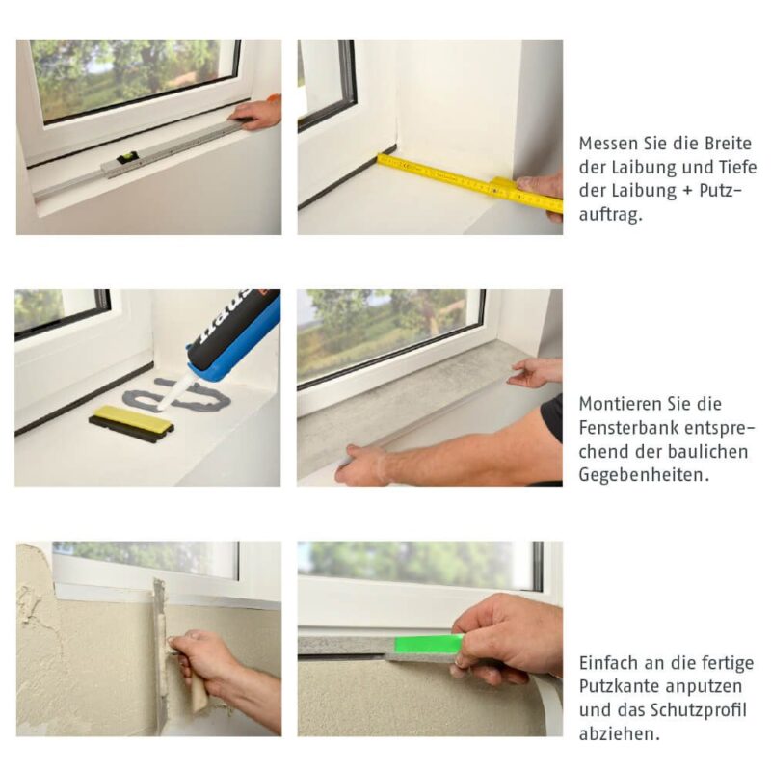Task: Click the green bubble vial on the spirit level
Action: [126, 158]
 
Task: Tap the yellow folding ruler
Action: [453, 178]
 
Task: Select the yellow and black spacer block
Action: [131, 423]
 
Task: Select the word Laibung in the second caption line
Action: [638, 167]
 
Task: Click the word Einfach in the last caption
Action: [608, 663]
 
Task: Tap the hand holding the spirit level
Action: [258, 113]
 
